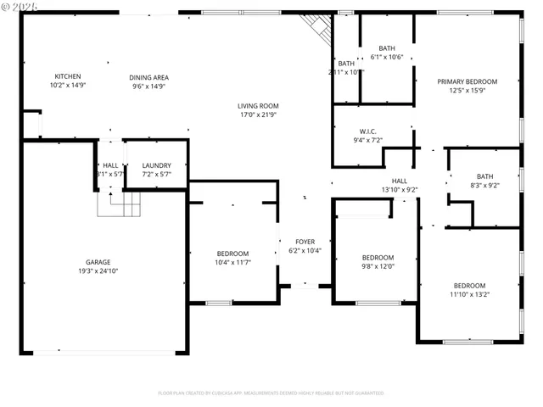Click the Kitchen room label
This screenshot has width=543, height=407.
click(x=68, y=76)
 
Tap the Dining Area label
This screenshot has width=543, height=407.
click(x=148, y=76)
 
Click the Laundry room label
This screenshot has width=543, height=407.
click(x=156, y=165)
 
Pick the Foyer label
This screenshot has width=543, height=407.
click(x=305, y=242)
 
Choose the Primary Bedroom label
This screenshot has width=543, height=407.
click(x=467, y=81)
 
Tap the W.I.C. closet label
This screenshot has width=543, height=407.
click(x=367, y=131)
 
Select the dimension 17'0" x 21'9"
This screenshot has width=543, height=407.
click(x=258, y=114)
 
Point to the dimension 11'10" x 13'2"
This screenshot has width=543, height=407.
click(x=469, y=294)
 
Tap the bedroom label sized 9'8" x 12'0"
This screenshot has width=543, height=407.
click(x=378, y=258)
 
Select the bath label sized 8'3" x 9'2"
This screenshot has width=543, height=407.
click(x=484, y=176)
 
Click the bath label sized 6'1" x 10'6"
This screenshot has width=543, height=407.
click(x=387, y=48)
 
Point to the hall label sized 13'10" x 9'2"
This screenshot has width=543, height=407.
click(x=399, y=181)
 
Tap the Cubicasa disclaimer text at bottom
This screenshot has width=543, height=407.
click(x=271, y=393)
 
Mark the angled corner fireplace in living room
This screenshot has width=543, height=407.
click(x=319, y=31)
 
